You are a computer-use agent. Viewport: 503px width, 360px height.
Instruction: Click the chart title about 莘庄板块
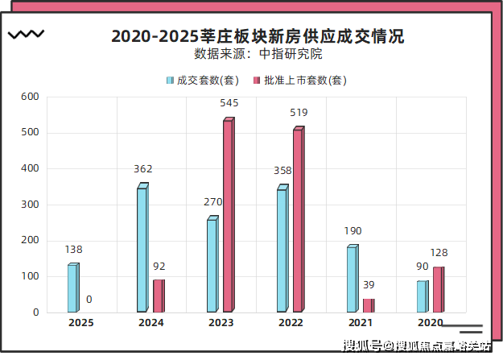pyautogui.click(x=258, y=36)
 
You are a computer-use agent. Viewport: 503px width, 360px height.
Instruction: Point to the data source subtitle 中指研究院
pyautogui.click(x=258, y=55)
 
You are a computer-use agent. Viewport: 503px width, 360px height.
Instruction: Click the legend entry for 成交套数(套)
pyautogui.click(x=203, y=81)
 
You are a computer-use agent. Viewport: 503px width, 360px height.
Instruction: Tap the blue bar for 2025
pyautogui.click(x=72, y=288)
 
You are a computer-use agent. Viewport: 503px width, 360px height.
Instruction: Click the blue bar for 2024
pyautogui.click(x=142, y=250)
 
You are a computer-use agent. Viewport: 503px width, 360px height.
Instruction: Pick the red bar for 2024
pyautogui.click(x=159, y=296)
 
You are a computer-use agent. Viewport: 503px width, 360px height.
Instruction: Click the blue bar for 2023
pyautogui.click(x=212, y=265)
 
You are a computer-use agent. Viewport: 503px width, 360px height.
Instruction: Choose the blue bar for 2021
pyautogui.click(x=353, y=279)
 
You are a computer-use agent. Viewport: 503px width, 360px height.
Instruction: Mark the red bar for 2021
pyautogui.click(x=369, y=305)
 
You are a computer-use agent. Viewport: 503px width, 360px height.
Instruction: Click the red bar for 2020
pyautogui.click(x=439, y=289)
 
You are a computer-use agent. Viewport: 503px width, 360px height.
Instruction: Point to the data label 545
pyautogui.click(x=229, y=103)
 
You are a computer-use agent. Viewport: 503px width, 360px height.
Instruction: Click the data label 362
pyautogui.click(x=143, y=169)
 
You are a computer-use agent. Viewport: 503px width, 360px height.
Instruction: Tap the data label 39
pyautogui.click(x=369, y=285)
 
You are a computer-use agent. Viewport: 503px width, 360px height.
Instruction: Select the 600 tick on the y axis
pyautogui.click(x=30, y=97)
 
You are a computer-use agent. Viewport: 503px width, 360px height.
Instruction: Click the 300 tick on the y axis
pyautogui.click(x=30, y=205)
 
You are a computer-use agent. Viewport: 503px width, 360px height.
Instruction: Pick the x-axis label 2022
pyautogui.click(x=291, y=323)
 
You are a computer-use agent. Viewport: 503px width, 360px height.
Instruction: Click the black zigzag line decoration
pyautogui.click(x=26, y=35)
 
